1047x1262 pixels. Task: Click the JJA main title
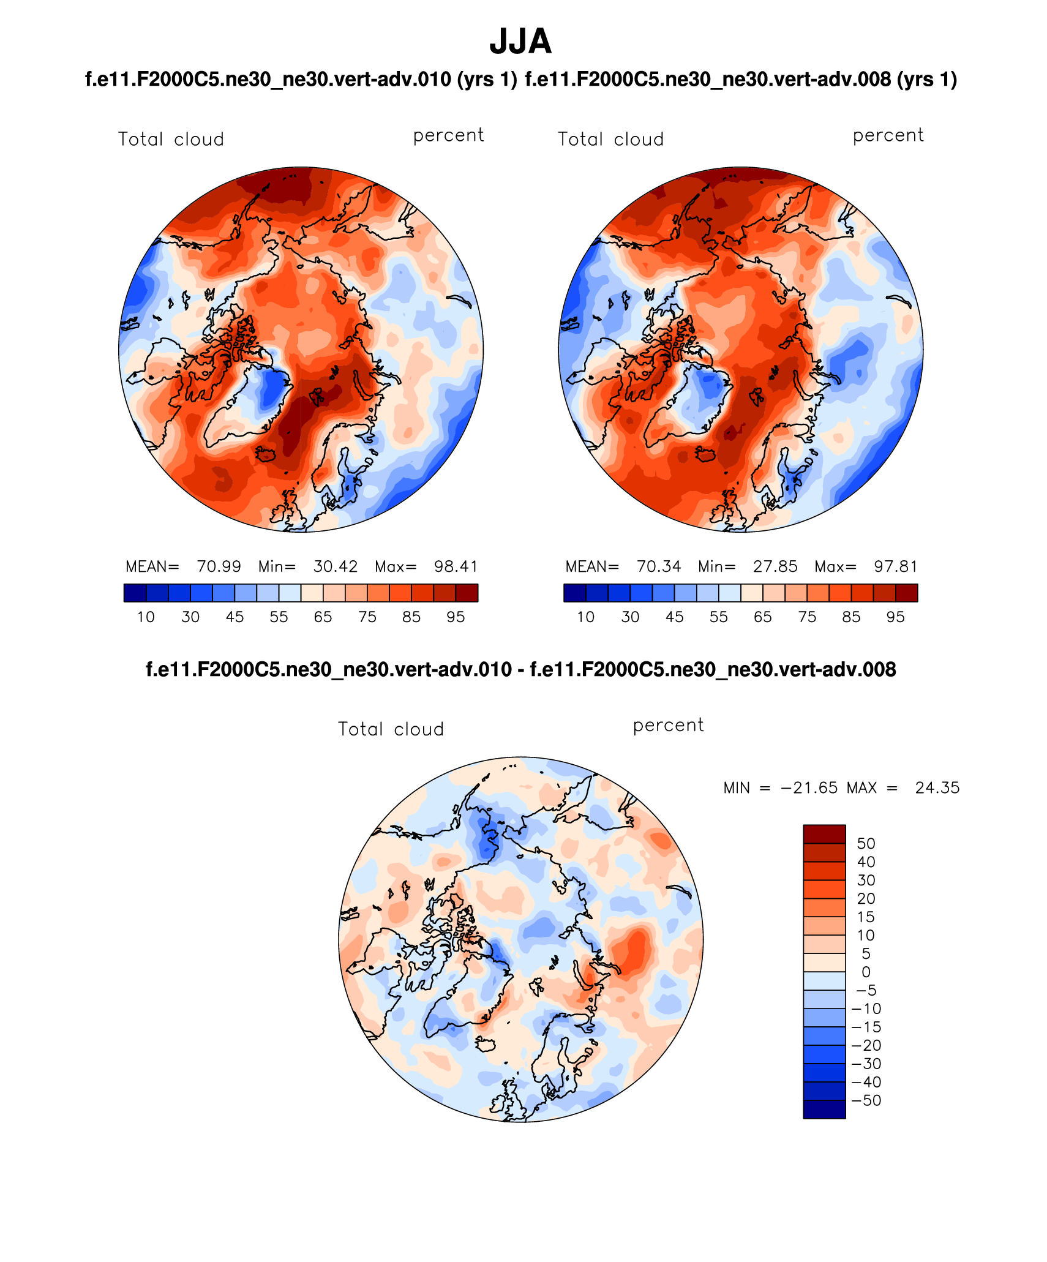coord(520,42)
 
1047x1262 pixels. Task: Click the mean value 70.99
coord(219,566)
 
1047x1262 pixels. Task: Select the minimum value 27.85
coord(775,566)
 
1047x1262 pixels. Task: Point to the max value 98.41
coord(456,566)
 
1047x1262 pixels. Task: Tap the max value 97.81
coord(896,566)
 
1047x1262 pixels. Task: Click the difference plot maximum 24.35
coord(937,787)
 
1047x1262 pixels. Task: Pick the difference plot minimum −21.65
coord(809,787)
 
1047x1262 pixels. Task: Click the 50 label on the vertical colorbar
coord(866,843)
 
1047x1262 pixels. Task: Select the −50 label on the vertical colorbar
coord(866,1100)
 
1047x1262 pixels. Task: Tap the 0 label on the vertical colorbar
coord(866,972)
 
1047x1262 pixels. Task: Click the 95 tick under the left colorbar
coord(456,617)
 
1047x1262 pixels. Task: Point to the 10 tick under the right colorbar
coord(586,617)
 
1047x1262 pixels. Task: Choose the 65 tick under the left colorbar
coord(323,617)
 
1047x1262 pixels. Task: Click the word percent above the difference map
coord(668,725)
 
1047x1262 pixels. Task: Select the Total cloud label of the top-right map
coord(610,140)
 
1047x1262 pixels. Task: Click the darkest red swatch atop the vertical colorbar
coord(824,834)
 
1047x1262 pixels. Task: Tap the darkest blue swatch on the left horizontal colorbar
coord(135,593)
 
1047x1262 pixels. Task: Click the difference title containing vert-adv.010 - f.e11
coord(520,669)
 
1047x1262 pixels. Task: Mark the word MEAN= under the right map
coord(592,566)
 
